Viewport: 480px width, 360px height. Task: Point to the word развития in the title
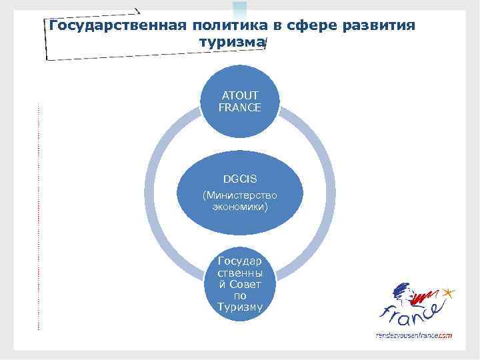(x=379, y=26)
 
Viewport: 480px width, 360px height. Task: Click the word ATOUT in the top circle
(x=240, y=95)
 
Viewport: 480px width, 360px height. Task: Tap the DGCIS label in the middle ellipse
(x=240, y=179)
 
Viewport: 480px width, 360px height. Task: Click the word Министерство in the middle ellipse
(x=240, y=195)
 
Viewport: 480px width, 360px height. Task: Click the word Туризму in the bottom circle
(x=240, y=307)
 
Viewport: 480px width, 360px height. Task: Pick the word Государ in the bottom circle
(x=240, y=262)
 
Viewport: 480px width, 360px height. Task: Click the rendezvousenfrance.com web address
(x=414, y=335)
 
